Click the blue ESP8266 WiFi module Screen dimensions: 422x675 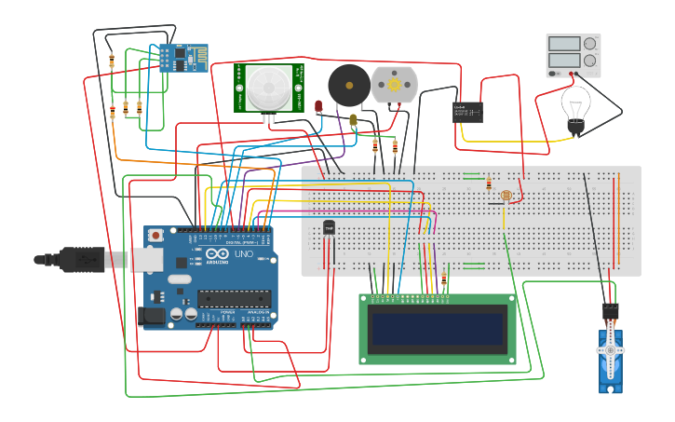click(182, 58)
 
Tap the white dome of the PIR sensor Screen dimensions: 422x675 click(268, 88)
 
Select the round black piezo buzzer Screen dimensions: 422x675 click(348, 86)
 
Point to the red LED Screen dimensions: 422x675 click(318, 106)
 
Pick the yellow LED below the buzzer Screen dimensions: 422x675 click(353, 120)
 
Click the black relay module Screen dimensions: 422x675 click(467, 112)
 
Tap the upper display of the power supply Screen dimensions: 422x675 click(564, 43)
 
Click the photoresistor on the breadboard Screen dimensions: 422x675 click(506, 196)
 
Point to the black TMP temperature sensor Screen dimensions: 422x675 click(329, 227)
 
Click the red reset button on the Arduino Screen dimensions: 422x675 click(155, 236)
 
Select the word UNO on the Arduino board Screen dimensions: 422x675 click(243, 254)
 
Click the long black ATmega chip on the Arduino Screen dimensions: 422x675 click(234, 299)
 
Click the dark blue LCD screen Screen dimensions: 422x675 click(438, 329)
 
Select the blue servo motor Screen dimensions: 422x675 click(610, 359)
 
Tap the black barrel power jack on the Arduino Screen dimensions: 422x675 click(150, 317)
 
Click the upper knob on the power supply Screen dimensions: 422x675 click(589, 43)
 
